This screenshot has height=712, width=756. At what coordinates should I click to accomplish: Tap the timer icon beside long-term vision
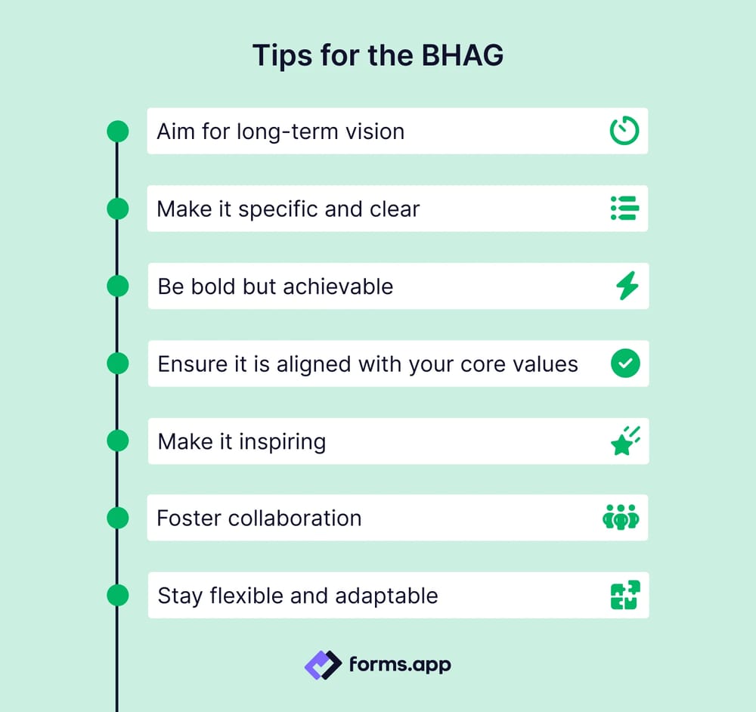pyautogui.click(x=624, y=131)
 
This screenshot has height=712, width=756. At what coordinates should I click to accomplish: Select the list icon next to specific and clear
pyautogui.click(x=624, y=209)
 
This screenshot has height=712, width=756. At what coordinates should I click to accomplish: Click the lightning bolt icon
pyautogui.click(x=627, y=286)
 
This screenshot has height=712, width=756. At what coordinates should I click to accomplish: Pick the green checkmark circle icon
pyautogui.click(x=625, y=364)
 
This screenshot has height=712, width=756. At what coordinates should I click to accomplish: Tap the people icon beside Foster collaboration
pyautogui.click(x=621, y=519)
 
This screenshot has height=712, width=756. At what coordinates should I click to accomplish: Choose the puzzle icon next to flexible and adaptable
pyautogui.click(x=625, y=596)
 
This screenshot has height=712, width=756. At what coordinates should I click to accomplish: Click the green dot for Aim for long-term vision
pyautogui.click(x=117, y=132)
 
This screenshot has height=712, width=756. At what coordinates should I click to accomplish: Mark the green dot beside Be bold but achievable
pyautogui.click(x=117, y=286)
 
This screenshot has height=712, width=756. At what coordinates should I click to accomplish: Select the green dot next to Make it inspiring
pyautogui.click(x=117, y=441)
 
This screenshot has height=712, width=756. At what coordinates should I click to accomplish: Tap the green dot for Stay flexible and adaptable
pyautogui.click(x=117, y=596)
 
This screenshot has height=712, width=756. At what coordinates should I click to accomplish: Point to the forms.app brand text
pyautogui.click(x=400, y=665)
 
